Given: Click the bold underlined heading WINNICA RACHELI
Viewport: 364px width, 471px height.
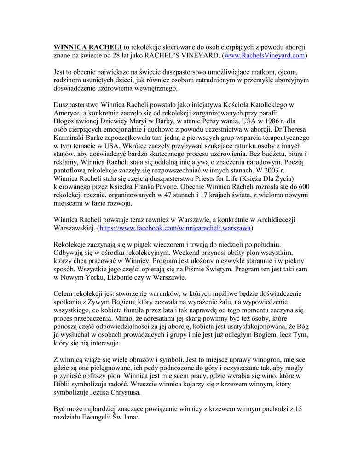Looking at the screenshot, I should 88,47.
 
